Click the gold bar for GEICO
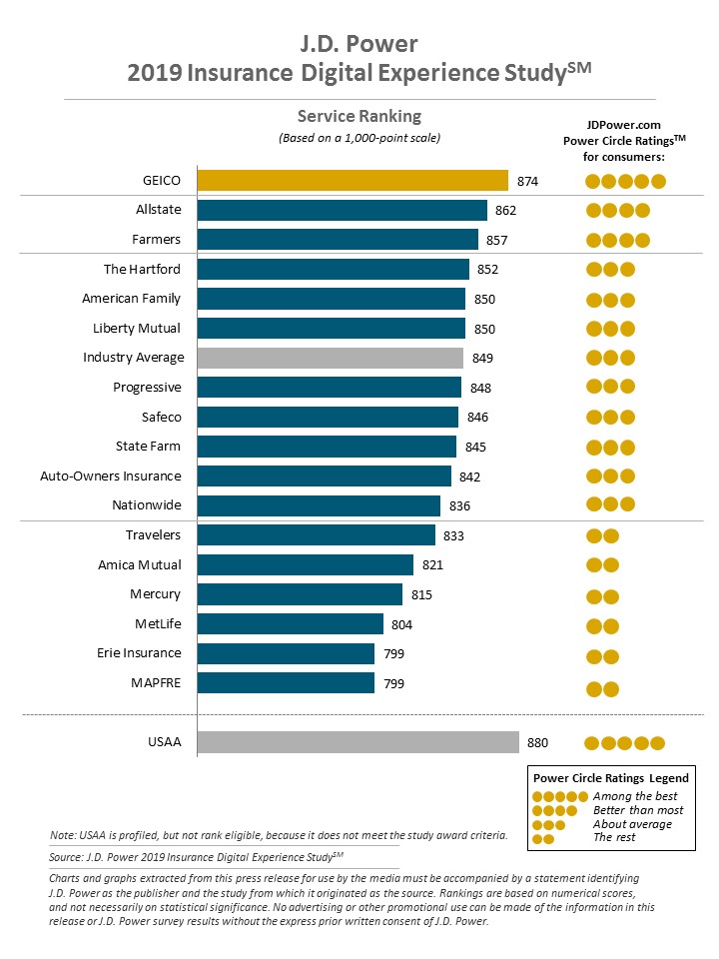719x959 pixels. pyautogui.click(x=353, y=181)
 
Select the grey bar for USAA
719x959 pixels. pyautogui.click(x=358, y=742)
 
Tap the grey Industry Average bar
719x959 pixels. pyautogui.click(x=331, y=358)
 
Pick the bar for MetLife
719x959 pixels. pyautogui.click(x=291, y=624)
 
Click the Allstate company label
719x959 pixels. pyautogui.click(x=159, y=210)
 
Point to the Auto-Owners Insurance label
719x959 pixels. pyautogui.click(x=111, y=476)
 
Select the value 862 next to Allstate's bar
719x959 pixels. pyautogui.click(x=506, y=211)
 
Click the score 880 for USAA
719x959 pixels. pyautogui.click(x=538, y=743)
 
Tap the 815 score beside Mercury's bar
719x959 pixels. pyautogui.click(x=421, y=595)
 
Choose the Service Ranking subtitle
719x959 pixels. pyautogui.click(x=359, y=116)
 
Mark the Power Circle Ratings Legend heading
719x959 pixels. pyautogui.click(x=611, y=778)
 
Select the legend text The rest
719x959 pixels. pyautogui.click(x=614, y=837)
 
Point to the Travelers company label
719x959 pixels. pyautogui.click(x=154, y=534)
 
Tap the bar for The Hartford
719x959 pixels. pyautogui.click(x=334, y=270)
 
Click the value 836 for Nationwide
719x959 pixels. pyautogui.click(x=459, y=506)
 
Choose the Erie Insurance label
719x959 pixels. pyautogui.click(x=140, y=653)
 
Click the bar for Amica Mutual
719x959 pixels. pyautogui.click(x=306, y=565)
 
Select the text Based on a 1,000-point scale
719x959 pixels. pyautogui.click(x=359, y=138)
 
